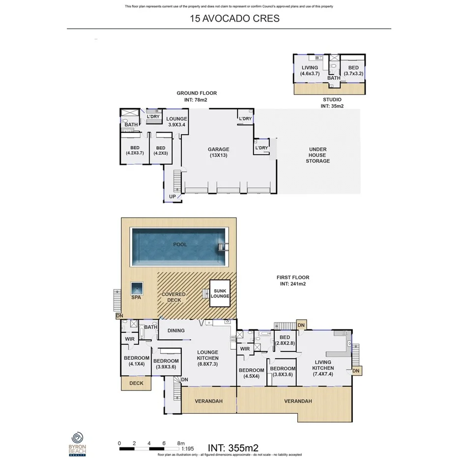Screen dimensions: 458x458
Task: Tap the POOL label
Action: [180, 244]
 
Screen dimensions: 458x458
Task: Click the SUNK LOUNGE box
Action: [220, 293]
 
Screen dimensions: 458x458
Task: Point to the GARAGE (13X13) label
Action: [218, 152]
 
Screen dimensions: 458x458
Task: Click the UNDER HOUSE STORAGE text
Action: [317, 155]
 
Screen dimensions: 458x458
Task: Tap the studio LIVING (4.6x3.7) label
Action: [310, 70]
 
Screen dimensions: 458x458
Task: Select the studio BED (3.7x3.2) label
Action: [353, 70]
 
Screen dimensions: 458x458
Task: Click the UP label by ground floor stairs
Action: [172, 197]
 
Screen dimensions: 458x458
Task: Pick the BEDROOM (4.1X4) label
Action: [136, 361]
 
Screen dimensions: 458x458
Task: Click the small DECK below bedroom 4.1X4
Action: [136, 383]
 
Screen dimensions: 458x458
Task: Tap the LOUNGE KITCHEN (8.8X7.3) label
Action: [207, 358]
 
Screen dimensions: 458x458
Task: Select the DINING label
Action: [175, 331]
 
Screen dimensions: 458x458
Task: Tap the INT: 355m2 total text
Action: [233, 448]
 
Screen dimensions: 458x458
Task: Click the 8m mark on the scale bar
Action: [181, 443]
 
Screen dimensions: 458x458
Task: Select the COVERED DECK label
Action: [173, 297]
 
